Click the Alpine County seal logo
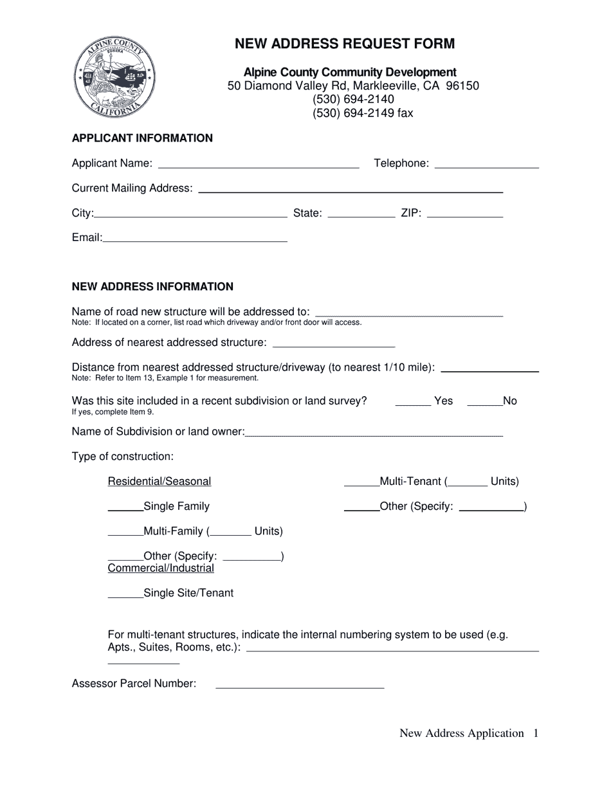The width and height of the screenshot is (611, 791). click(114, 77)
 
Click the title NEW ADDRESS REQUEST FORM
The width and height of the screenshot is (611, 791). click(344, 44)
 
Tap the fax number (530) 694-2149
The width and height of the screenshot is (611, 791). click(363, 113)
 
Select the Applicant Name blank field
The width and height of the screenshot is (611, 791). click(258, 165)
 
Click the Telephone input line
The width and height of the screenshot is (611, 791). click(486, 165)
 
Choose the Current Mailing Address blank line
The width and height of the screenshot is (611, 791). click(351, 190)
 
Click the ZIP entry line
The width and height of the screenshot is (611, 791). click(464, 215)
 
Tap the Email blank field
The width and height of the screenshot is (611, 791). click(195, 239)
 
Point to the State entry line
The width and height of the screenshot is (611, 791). click(361, 215)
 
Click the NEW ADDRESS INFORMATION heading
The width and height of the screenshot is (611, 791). click(152, 287)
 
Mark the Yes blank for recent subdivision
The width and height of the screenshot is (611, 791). click(412, 403)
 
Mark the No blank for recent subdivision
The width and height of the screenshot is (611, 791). click(484, 403)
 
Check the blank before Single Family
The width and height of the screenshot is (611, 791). click(125, 508)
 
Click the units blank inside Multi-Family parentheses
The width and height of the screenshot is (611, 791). click(230, 533)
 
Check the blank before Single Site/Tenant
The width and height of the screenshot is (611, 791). click(125, 595)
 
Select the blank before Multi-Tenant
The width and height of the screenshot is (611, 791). click(361, 483)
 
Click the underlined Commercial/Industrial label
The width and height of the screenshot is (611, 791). click(161, 568)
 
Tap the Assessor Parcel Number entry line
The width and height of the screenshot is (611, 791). click(300, 686)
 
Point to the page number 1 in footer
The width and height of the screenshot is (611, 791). click(535, 733)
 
